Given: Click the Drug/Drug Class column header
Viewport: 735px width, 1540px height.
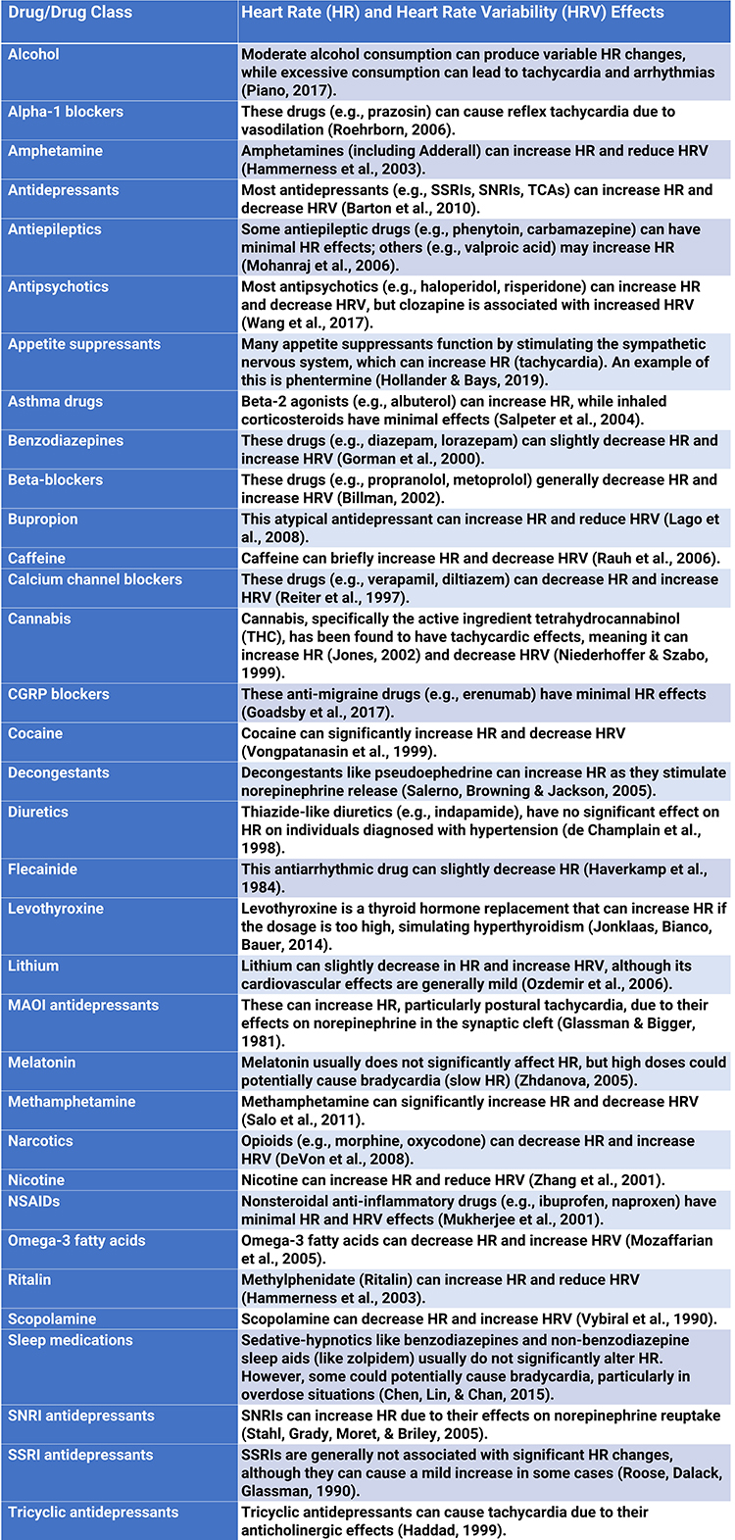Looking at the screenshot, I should [x=70, y=14].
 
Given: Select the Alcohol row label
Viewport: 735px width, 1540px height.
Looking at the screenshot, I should [x=33, y=54].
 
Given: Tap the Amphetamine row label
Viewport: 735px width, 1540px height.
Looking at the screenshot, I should [x=56, y=151].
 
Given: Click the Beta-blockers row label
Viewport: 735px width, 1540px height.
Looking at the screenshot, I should [x=52, y=479].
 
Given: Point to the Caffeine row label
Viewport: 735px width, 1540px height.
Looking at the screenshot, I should [x=37, y=558].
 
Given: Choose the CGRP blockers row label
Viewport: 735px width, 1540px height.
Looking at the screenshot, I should [x=59, y=694].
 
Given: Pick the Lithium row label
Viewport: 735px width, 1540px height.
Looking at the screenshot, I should [x=33, y=966].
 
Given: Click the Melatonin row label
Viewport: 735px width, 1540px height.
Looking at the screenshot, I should [x=41, y=1063].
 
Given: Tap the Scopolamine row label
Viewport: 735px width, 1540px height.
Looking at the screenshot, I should [x=52, y=1318].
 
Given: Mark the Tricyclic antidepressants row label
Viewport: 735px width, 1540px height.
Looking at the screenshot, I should [x=93, y=1512].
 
